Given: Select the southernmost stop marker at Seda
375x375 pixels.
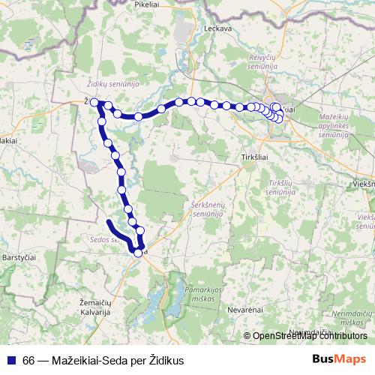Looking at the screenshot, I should tap(138, 253).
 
